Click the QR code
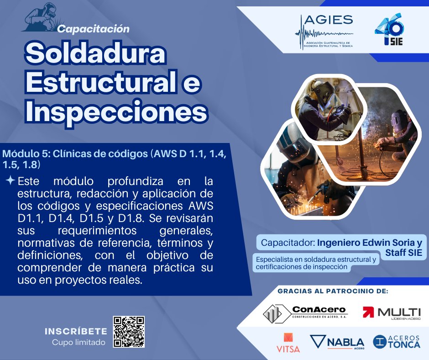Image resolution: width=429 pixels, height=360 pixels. click(129, 332)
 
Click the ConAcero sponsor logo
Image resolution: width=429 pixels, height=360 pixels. click(304, 312)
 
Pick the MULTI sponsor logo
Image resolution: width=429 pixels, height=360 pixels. click(392, 312)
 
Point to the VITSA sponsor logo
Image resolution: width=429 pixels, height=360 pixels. click(288, 343)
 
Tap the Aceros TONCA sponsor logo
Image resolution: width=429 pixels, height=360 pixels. click(396, 342)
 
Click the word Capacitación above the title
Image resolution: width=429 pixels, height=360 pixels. click(94, 29)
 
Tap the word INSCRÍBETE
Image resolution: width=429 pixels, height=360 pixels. click(76, 331)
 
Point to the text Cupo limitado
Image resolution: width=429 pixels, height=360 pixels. click(78, 342)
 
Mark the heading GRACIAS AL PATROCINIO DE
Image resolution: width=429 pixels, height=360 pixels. click(333, 291)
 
